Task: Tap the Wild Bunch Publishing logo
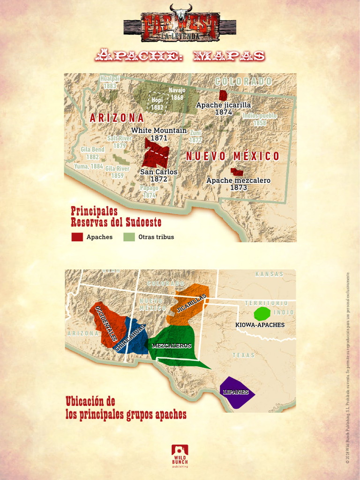[180, 456]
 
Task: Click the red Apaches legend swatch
[77, 237]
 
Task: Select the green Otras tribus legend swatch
[129, 237]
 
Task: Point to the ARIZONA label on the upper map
[117, 118]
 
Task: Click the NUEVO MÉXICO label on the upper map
[232, 156]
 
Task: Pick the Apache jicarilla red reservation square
[223, 95]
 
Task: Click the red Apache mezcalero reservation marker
[237, 172]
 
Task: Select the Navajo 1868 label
[177, 94]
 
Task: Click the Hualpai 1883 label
[110, 82]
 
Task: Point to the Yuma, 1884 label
[89, 166]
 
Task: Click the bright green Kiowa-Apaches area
[262, 314]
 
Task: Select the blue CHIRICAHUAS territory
[134, 337]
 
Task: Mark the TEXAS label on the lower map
[243, 355]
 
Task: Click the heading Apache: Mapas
[180, 56]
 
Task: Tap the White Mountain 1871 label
[159, 134]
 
